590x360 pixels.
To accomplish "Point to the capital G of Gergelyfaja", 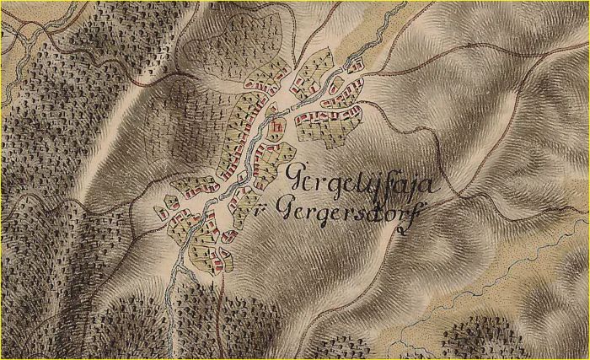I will (x=298, y=178).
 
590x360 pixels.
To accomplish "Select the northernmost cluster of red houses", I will (x=355, y=64).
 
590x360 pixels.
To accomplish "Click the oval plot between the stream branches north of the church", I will (x=271, y=110).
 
